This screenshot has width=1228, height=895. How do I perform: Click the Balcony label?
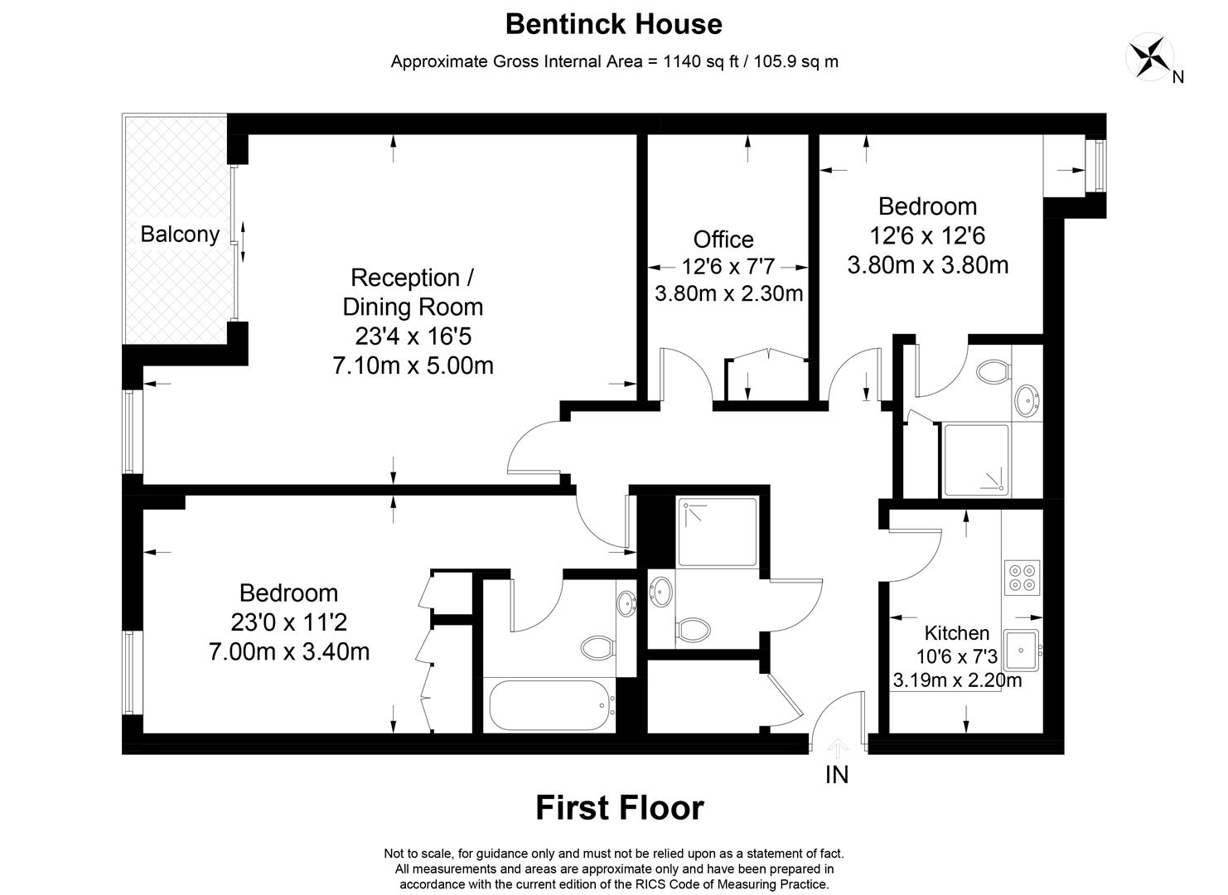(x=179, y=234)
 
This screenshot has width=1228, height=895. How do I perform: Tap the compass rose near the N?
(x=1149, y=56)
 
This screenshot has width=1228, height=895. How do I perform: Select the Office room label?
(x=723, y=239)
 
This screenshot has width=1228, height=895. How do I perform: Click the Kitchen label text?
(x=956, y=633)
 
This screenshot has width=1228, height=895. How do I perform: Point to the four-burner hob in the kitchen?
(x=1022, y=577)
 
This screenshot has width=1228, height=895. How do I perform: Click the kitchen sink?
(x=1023, y=649)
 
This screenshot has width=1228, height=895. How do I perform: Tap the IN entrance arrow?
(x=838, y=750)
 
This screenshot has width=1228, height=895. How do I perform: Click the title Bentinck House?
(x=613, y=24)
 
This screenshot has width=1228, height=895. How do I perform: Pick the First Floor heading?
(x=619, y=807)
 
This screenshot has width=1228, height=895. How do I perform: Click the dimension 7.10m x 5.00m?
(x=413, y=365)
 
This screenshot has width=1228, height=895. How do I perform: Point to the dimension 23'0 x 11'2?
(x=288, y=622)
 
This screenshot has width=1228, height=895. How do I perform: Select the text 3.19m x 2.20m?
(x=957, y=681)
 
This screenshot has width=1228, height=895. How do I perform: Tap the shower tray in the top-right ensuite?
(x=976, y=460)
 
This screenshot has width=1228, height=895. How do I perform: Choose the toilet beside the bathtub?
(x=596, y=646)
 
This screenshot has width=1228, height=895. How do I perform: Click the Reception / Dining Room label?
(x=413, y=292)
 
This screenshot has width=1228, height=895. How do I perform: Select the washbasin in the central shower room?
(x=661, y=592)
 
